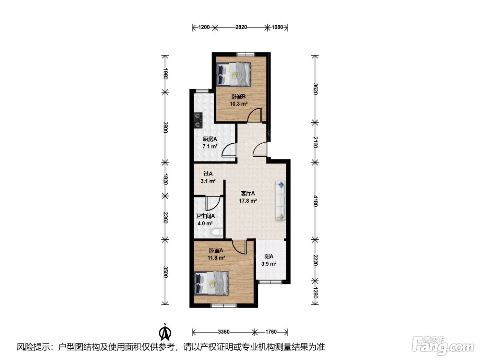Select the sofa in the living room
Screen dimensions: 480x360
pos(280,201)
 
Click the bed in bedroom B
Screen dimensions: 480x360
pos(233,74)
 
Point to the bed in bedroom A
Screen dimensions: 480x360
pos(212,283)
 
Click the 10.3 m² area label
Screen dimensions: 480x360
pos(239,104)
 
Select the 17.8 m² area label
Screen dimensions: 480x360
pos(248,201)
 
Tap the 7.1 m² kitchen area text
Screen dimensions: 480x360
pos(210,146)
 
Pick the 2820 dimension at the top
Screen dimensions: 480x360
pos(241,27)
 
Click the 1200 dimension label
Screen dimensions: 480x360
pos(204,27)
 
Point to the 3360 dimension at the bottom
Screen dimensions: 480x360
pos(224,332)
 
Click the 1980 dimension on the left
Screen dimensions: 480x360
pos(166,74)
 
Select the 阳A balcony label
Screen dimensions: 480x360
pos(269,256)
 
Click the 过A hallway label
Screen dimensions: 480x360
pos(208,174)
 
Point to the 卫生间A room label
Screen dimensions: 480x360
pos(205,216)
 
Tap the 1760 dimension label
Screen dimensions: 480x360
pos(271,332)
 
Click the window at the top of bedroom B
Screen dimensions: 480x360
pos(246,54)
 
